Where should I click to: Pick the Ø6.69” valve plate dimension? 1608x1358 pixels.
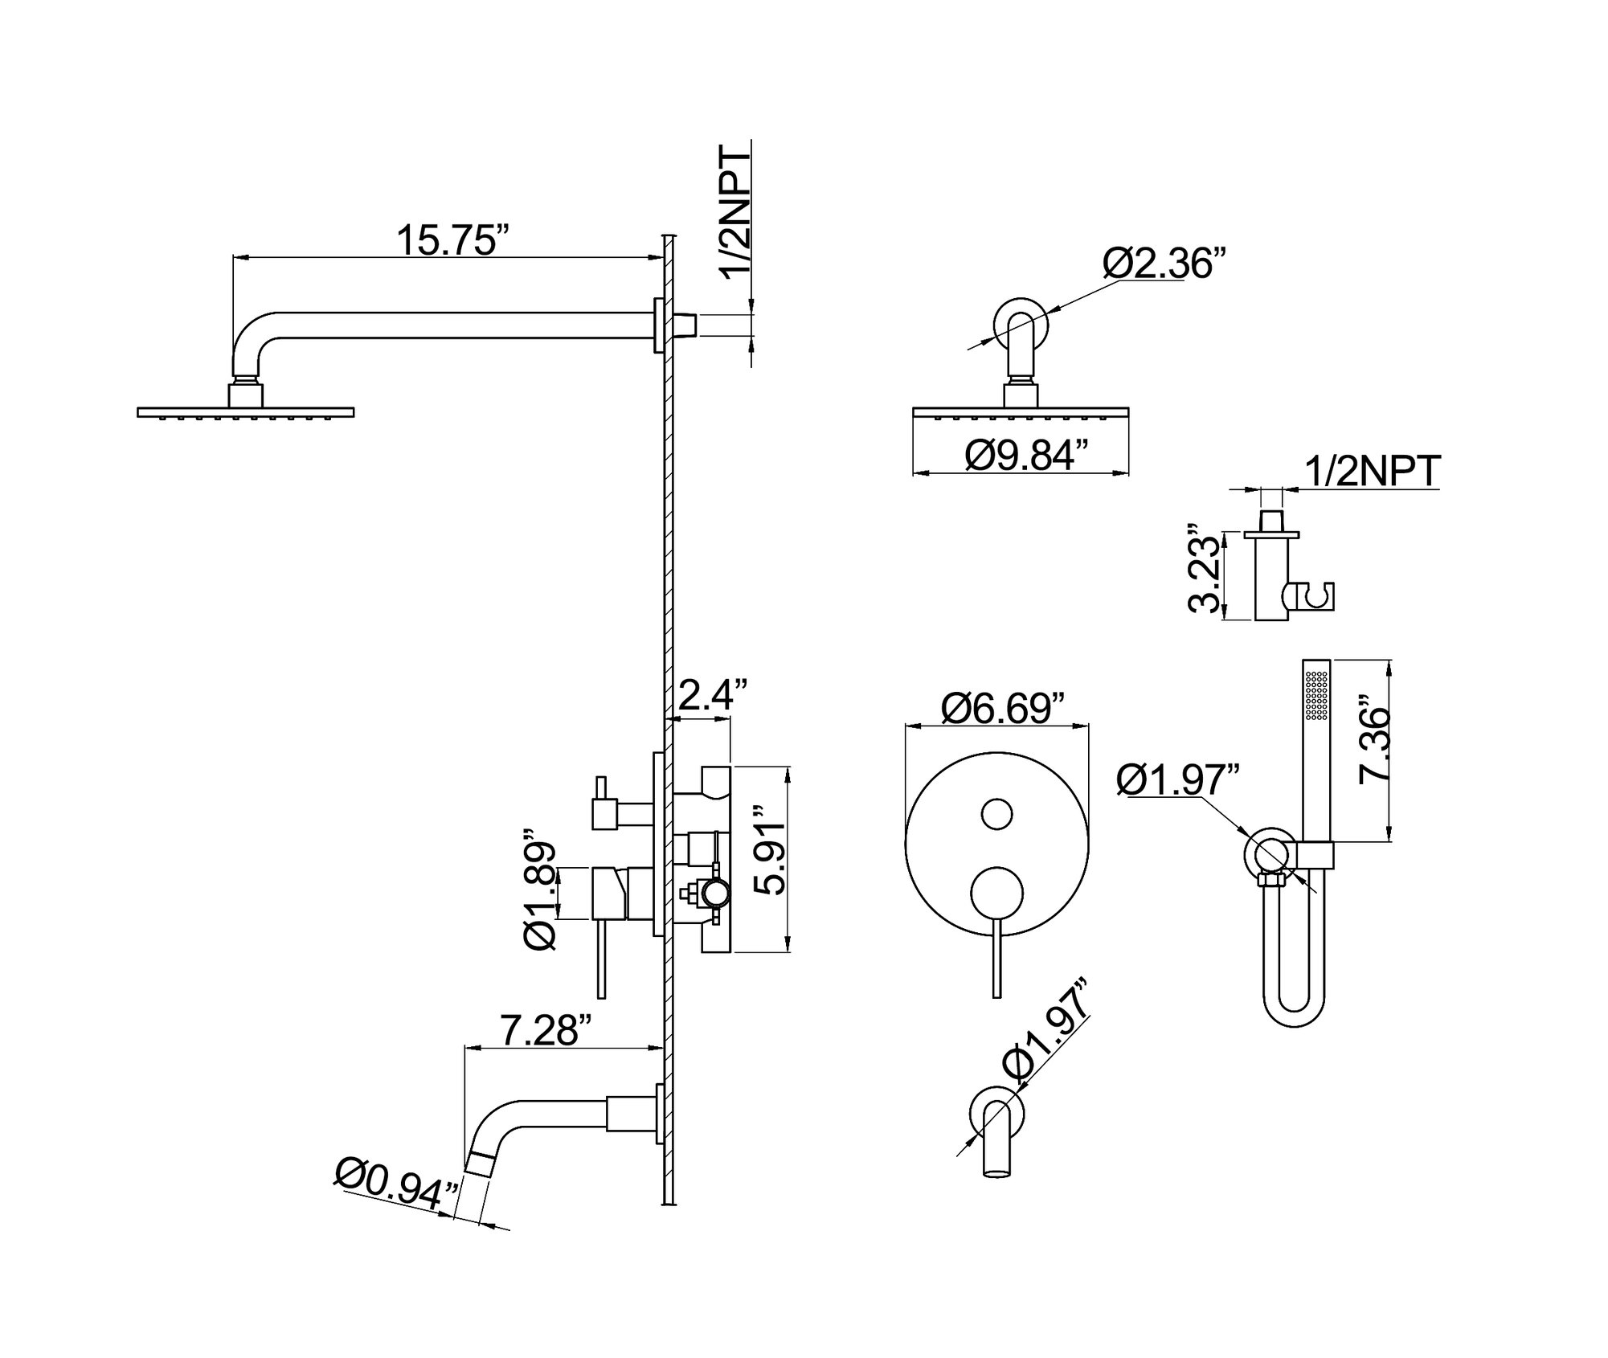1002,708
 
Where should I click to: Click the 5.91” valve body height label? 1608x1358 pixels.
770,858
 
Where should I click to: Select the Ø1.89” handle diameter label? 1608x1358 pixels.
540,890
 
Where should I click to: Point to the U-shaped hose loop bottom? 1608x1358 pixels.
1294,1022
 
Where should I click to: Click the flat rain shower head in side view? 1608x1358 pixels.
246,412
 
